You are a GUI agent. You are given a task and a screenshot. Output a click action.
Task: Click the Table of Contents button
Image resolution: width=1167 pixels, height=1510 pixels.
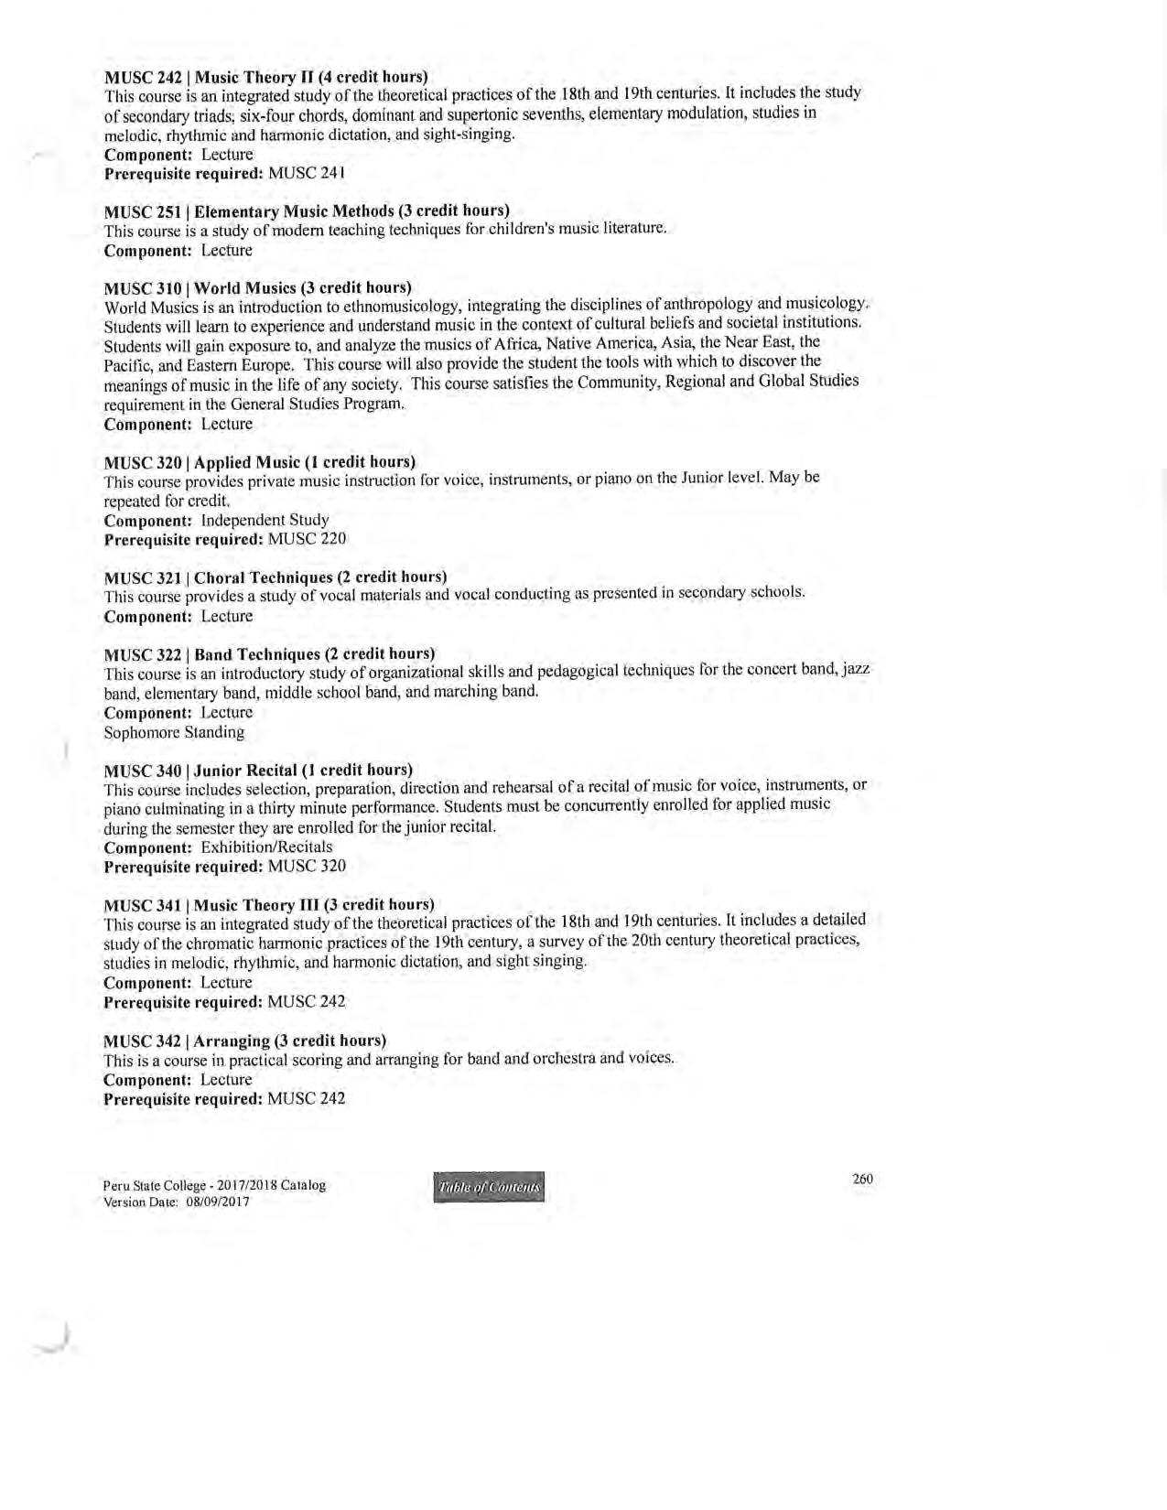pyautogui.click(x=489, y=1187)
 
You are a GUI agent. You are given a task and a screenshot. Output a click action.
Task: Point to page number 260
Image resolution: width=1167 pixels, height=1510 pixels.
pyautogui.click(x=862, y=1179)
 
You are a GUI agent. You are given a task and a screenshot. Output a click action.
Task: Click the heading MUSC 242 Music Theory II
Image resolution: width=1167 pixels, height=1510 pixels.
pyautogui.click(x=265, y=77)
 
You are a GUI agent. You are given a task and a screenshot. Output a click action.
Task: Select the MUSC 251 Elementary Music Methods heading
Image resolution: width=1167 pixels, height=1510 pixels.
pyautogui.click(x=307, y=211)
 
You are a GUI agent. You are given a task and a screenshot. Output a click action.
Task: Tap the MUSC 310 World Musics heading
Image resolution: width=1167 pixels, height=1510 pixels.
pyautogui.click(x=257, y=288)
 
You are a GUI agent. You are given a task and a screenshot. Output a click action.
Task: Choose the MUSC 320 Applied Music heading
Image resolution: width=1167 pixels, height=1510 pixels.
pyautogui.click(x=260, y=461)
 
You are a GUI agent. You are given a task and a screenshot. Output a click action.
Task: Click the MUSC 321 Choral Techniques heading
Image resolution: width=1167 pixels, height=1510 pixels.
pyautogui.click(x=276, y=577)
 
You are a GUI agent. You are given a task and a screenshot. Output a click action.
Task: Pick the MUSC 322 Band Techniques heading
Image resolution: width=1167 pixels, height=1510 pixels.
pyautogui.click(x=269, y=654)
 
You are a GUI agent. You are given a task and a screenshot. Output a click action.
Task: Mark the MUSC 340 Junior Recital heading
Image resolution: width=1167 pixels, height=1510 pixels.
pyautogui.click(x=258, y=770)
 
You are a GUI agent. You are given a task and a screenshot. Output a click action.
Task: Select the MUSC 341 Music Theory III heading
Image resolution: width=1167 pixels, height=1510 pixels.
pyautogui.click(x=269, y=905)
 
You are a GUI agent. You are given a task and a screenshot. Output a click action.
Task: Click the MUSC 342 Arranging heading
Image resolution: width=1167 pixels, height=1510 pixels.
pyautogui.click(x=245, y=1041)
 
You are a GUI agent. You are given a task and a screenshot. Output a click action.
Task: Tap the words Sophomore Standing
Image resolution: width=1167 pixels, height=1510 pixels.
pyautogui.click(x=174, y=732)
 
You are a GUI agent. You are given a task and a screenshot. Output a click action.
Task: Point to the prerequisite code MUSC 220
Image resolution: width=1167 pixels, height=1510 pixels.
pyautogui.click(x=307, y=539)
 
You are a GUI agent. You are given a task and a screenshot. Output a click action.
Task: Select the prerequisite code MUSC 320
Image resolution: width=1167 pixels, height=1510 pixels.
pyautogui.click(x=307, y=866)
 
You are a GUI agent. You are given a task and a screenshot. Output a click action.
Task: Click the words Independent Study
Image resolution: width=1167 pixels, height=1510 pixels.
pyautogui.click(x=265, y=520)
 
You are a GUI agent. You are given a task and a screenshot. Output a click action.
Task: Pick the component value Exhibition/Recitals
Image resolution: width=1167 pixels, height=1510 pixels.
pyautogui.click(x=266, y=847)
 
